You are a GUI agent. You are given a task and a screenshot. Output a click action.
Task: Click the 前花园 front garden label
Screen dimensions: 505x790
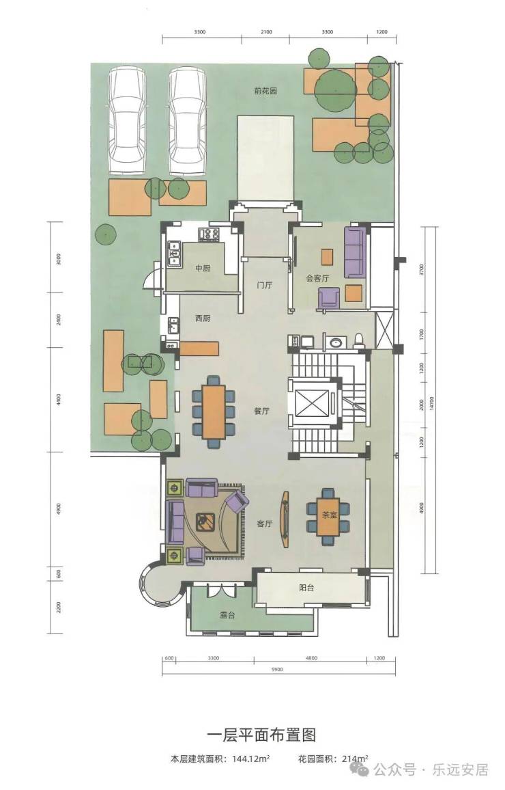(x=265, y=91)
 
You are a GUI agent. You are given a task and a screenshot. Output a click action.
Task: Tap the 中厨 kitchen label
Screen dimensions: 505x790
(x=202, y=268)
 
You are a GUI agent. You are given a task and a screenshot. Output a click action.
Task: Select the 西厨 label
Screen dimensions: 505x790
(x=202, y=318)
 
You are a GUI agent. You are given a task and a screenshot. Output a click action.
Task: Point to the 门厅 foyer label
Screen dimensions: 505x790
(x=264, y=285)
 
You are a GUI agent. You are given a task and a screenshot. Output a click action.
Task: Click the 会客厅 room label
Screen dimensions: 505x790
(x=317, y=278)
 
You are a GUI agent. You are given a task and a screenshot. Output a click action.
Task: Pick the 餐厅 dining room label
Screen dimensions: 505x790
(x=261, y=411)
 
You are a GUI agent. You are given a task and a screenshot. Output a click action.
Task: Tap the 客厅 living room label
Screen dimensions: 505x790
(x=264, y=523)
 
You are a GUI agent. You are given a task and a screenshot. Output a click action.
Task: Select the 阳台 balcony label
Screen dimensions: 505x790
(x=306, y=588)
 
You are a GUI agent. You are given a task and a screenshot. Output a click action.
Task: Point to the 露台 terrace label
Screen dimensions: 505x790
(x=227, y=615)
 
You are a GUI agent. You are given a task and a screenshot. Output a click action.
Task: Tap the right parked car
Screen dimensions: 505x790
(x=188, y=122)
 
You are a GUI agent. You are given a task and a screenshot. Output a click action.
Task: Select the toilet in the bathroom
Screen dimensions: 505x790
(x=359, y=340)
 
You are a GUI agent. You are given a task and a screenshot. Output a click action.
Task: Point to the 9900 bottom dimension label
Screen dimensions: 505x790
(x=277, y=670)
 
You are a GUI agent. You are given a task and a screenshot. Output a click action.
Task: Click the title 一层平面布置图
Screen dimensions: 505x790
(x=261, y=735)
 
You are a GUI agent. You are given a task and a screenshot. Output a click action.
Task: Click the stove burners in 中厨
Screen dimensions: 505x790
(x=210, y=233)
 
